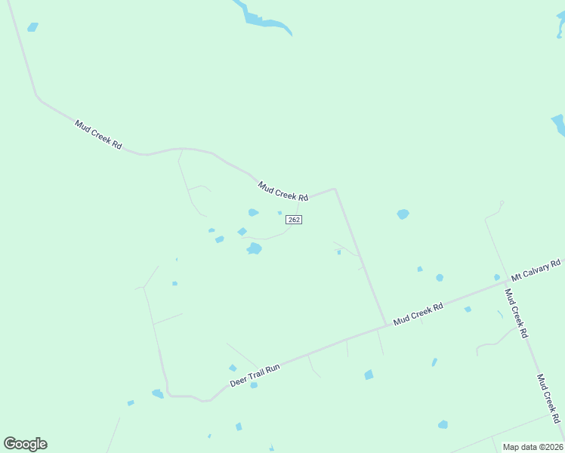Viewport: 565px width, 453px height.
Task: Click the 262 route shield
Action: (x=295, y=219)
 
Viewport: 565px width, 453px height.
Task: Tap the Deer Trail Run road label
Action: (x=255, y=374)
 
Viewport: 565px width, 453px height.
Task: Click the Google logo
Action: (x=25, y=444)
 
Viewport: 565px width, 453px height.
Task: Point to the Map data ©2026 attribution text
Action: (x=533, y=447)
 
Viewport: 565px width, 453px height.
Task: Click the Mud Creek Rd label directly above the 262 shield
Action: (x=282, y=190)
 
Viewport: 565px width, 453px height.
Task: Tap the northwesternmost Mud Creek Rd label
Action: (x=98, y=134)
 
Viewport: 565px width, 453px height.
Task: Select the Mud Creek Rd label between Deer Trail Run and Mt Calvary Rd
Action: (x=418, y=313)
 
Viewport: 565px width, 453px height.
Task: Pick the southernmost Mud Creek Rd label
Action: (x=548, y=398)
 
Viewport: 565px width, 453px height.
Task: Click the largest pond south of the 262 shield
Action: (x=255, y=248)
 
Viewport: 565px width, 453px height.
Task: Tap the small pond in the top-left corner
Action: (x=32, y=27)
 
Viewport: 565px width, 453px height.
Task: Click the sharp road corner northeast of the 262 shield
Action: (x=334, y=190)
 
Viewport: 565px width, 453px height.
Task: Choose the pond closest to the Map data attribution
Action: (x=443, y=425)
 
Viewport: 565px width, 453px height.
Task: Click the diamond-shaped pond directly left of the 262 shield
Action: (x=242, y=232)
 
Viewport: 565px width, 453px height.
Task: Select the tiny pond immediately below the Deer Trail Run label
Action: (x=254, y=385)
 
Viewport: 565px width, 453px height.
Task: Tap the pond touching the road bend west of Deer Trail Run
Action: (x=158, y=393)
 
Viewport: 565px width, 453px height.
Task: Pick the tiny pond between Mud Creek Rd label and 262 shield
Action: (x=279, y=212)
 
